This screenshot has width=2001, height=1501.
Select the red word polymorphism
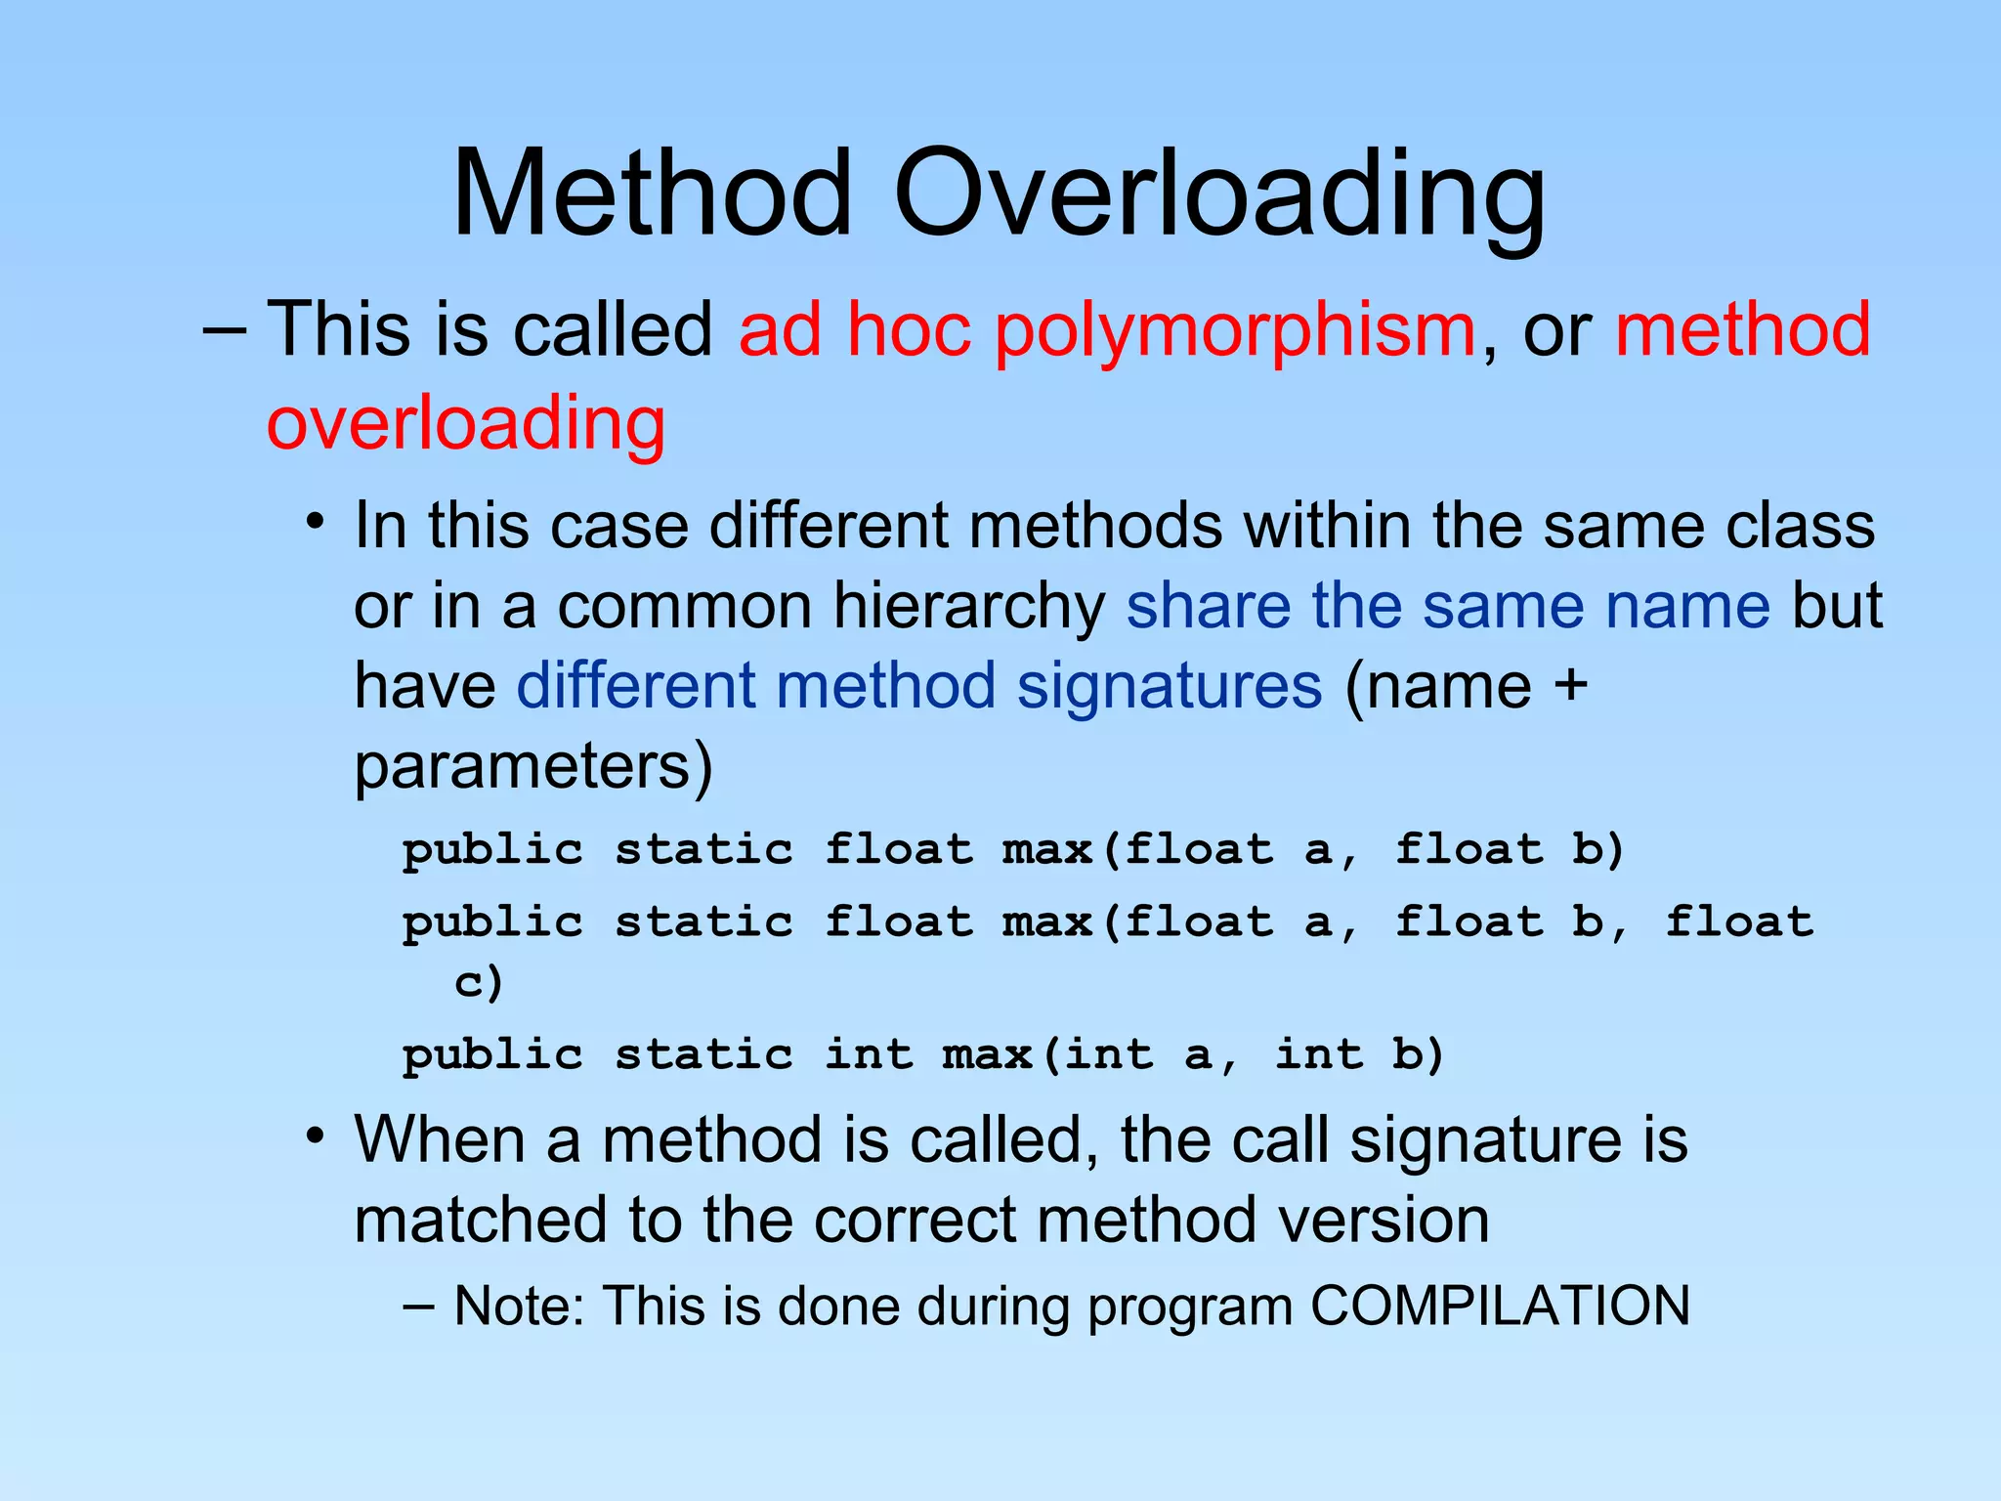(x=1234, y=330)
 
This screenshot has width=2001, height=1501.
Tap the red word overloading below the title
(x=466, y=422)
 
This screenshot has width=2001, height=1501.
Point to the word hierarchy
(x=968, y=606)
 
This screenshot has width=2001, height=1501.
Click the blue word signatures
(x=1170, y=685)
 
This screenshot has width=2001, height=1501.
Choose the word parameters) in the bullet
(x=533, y=766)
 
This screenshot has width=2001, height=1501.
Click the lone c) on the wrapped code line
(x=479, y=981)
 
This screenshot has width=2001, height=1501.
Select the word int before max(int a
(x=869, y=1054)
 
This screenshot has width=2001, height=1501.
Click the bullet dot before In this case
(x=314, y=522)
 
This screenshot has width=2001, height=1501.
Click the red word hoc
(x=908, y=330)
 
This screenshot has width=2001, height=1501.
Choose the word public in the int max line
(x=492, y=1054)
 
